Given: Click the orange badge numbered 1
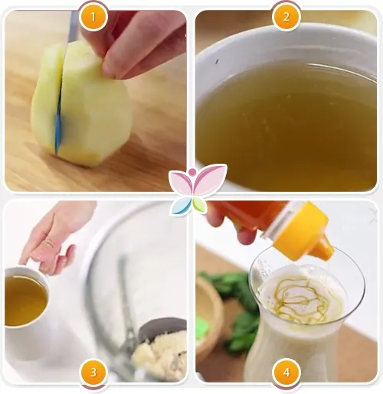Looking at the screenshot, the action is pyautogui.click(x=93, y=17).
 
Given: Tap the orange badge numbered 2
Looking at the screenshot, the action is pyautogui.click(x=286, y=17).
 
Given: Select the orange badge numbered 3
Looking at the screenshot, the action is pyautogui.click(x=93, y=373).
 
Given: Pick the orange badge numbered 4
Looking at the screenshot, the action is pyautogui.click(x=286, y=373).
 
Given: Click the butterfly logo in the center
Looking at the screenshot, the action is pyautogui.click(x=198, y=189).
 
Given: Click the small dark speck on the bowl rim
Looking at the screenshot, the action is pyautogui.click(x=217, y=61).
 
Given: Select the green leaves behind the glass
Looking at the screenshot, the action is pyautogui.click(x=235, y=311).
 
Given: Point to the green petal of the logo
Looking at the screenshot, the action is pyautogui.click(x=199, y=204).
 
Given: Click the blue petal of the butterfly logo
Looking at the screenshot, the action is pyautogui.click(x=180, y=206).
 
